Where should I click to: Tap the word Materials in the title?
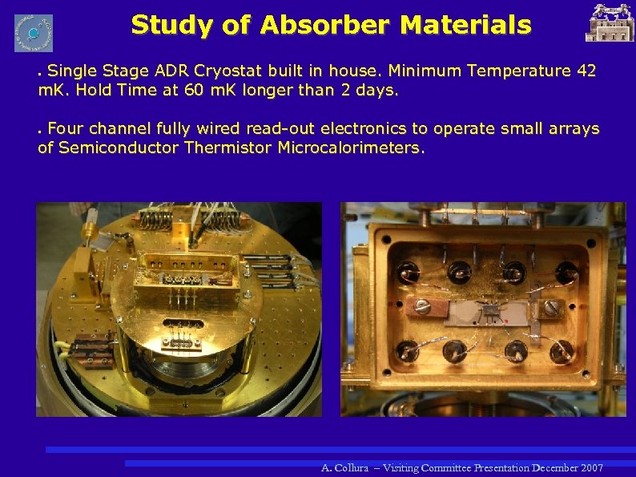(465, 25)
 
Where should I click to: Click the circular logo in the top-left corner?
(34, 33)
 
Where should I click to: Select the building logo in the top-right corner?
(610, 23)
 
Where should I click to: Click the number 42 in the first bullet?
(586, 71)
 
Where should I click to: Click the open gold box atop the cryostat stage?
(185, 270)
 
